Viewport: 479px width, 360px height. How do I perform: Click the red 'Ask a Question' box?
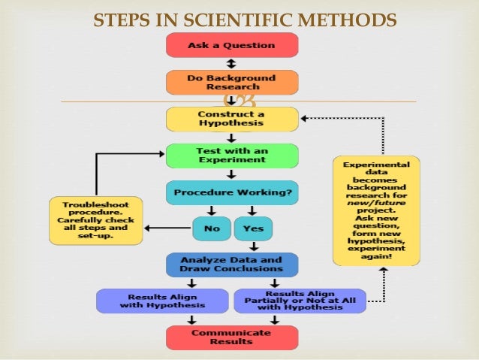[232, 46]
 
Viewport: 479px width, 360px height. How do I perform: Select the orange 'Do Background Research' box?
[232, 82]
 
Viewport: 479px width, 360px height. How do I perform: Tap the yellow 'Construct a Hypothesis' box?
[232, 119]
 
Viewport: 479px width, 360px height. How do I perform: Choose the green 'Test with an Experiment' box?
[232, 156]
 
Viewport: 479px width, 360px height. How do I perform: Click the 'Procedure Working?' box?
[232, 192]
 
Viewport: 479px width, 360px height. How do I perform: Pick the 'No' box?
[211, 228]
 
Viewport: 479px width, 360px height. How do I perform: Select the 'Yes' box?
[253, 228]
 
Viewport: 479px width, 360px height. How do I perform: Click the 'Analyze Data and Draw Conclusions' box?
[232, 265]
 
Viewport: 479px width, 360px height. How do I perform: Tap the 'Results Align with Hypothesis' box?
[161, 301]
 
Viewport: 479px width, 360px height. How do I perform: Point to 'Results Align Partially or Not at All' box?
[300, 301]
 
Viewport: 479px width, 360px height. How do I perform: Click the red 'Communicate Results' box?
[232, 337]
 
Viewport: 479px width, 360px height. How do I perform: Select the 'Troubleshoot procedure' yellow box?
[95, 220]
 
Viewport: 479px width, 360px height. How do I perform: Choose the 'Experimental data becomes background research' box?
[376, 210]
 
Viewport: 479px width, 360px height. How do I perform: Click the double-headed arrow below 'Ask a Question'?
[232, 64]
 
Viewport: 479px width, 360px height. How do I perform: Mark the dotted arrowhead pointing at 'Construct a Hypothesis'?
[305, 119]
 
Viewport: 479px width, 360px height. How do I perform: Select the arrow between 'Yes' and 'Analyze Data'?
[253, 246]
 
